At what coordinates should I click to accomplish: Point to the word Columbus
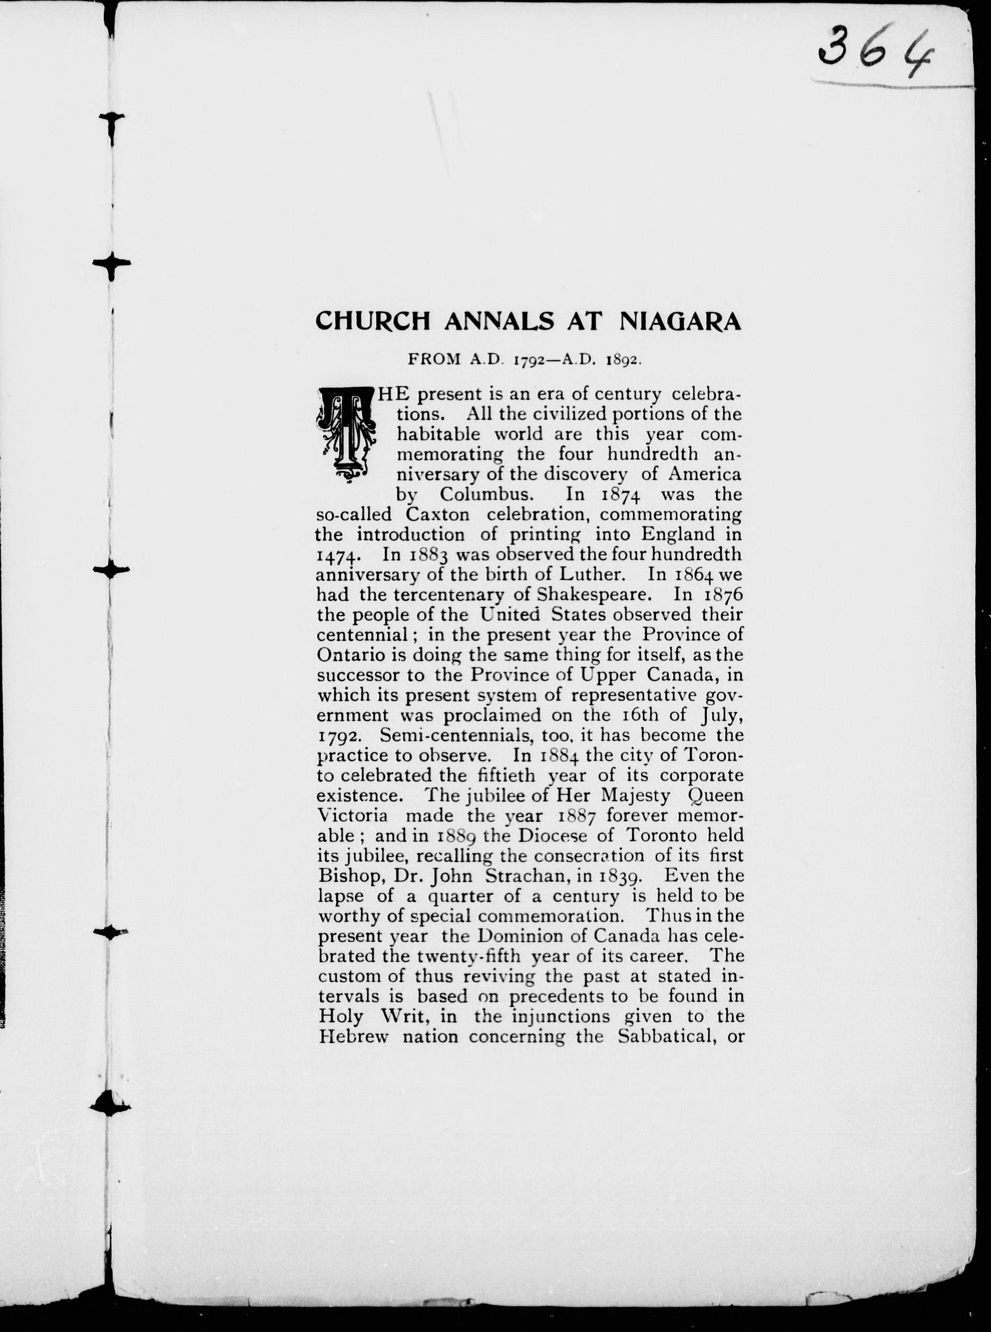point(485,494)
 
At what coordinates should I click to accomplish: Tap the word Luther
point(593,574)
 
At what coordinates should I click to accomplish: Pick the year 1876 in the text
point(724,594)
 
